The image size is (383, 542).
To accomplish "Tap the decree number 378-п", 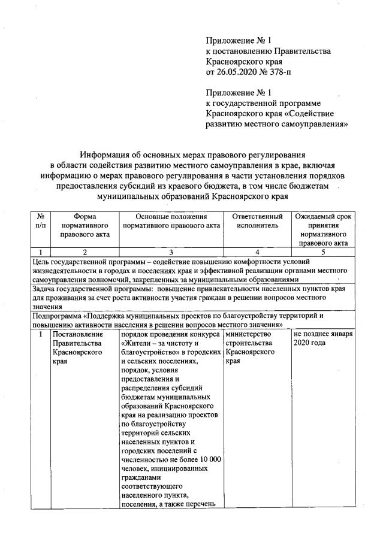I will (279, 72).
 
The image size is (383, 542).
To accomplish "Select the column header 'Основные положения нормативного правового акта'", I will (171, 220).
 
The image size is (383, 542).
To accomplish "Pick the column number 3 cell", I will (171, 253).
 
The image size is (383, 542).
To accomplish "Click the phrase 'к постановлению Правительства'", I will (268, 52).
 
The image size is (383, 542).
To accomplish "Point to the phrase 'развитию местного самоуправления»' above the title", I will (277, 124).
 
